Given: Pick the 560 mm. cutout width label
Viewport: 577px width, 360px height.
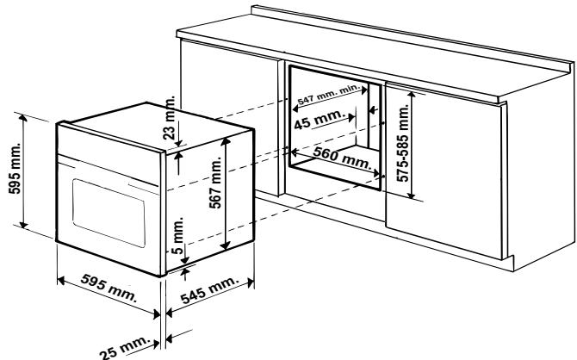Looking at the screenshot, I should pos(343,155).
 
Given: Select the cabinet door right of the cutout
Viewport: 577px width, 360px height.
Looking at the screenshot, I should pos(444,172).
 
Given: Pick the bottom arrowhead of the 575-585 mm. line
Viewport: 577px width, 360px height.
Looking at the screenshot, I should pos(413,195).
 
